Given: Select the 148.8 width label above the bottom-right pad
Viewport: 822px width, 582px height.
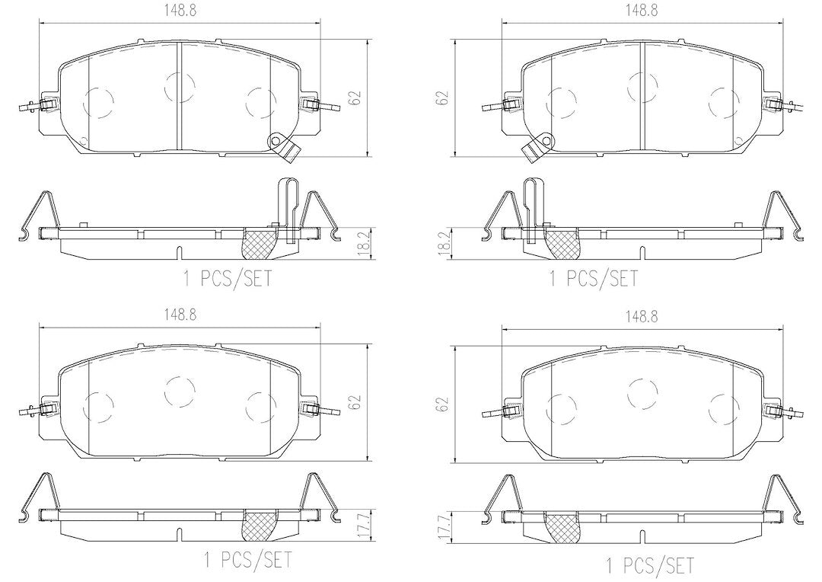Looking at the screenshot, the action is [x=641, y=316].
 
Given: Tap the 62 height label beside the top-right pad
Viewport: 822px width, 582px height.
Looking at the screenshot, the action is [x=444, y=98].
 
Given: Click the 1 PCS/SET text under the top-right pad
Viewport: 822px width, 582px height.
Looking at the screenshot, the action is [x=594, y=278].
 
